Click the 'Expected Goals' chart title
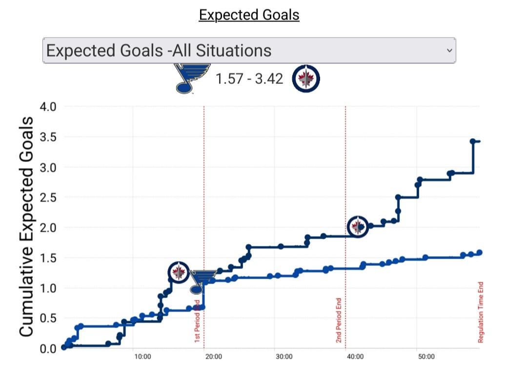pyautogui.click(x=249, y=15)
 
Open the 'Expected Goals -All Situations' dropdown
pyautogui.click(x=249, y=50)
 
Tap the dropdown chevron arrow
pyautogui.click(x=449, y=50)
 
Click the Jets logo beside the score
pyautogui.click(x=306, y=79)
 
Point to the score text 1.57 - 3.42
pyautogui.click(x=249, y=79)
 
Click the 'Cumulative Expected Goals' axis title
pyautogui.click(x=27, y=226)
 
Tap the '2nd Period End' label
pyautogui.click(x=339, y=320)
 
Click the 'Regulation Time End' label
pyautogui.click(x=480, y=311)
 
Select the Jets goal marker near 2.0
pyautogui.click(x=358, y=226)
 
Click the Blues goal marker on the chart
pyautogui.click(x=202, y=282)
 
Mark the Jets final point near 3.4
pyautogui.click(x=472, y=142)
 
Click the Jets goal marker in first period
pyautogui.click(x=179, y=272)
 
